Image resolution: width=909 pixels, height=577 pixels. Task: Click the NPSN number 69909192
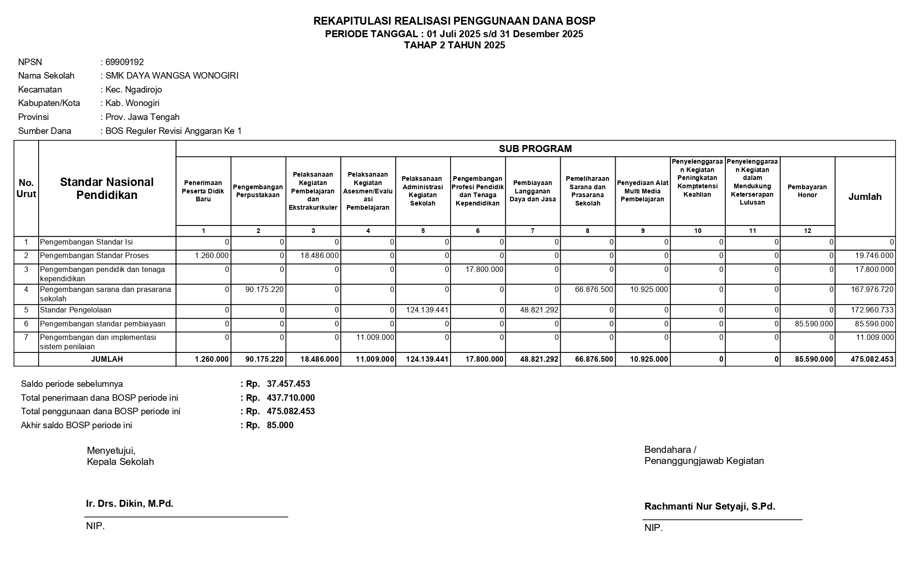coord(125,62)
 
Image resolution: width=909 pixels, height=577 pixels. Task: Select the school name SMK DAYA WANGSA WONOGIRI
coord(172,76)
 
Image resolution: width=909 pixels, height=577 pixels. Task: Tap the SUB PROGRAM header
coord(535,149)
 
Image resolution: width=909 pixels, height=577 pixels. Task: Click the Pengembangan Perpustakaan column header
coord(258,191)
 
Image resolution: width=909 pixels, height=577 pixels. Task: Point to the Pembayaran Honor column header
coord(807,191)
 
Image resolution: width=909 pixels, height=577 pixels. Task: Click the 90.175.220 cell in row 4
coord(264,290)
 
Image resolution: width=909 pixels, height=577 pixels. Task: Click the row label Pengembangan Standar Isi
coord(86,242)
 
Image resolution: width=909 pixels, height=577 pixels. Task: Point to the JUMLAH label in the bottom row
coord(107,359)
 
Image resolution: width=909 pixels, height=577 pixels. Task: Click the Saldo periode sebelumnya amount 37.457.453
coord(288,384)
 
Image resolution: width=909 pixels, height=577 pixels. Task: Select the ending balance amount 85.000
coord(280,425)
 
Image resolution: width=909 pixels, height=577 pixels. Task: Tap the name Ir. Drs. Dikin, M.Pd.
coord(130,504)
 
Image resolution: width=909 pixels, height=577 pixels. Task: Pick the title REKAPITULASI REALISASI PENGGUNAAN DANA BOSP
coord(454,21)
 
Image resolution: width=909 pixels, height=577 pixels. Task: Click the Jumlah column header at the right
coord(865,197)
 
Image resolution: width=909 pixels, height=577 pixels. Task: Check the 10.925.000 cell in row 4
coord(649,290)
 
